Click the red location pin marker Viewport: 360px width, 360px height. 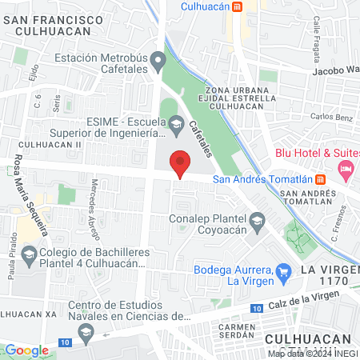pos(181,163)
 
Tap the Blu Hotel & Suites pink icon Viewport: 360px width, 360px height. pos(346,168)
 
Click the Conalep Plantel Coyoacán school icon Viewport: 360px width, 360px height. pos(257,219)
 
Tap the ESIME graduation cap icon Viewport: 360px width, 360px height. pos(175,121)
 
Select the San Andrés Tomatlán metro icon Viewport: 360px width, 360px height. pos(320,178)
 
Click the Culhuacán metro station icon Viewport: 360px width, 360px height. pos(238,6)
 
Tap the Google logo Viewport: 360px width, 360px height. pos(26,350)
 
